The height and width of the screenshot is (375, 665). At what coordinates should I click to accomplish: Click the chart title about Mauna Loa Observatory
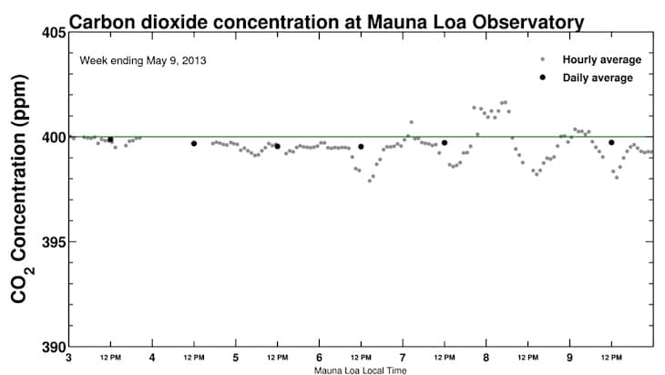(327, 19)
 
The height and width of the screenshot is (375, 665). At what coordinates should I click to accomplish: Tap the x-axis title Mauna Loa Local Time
(361, 370)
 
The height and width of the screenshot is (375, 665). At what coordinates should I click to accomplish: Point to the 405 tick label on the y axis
(53, 33)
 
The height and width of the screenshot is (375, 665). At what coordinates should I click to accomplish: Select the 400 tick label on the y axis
(53, 138)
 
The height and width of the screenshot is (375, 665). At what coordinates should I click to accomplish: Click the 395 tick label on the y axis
(53, 243)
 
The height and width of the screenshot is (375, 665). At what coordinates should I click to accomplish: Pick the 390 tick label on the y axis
(53, 347)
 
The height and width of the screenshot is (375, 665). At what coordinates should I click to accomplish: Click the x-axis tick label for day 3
(69, 358)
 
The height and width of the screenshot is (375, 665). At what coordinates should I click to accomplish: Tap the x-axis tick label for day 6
(320, 358)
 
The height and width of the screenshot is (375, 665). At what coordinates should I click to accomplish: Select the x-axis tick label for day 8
(486, 358)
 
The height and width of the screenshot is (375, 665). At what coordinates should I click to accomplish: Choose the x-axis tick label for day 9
(570, 358)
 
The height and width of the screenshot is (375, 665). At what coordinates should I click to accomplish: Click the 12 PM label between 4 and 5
(194, 358)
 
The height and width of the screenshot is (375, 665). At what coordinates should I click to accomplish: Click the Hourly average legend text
(602, 60)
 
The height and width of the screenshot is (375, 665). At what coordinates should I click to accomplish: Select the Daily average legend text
(598, 78)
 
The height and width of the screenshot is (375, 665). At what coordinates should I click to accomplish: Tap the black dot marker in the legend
(543, 78)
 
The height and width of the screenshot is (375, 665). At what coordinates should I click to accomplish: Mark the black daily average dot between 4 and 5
(194, 143)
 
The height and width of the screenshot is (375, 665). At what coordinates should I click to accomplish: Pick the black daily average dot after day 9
(611, 142)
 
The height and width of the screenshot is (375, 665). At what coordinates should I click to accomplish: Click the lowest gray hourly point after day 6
(370, 181)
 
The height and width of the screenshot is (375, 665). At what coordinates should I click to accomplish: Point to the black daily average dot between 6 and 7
(361, 146)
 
